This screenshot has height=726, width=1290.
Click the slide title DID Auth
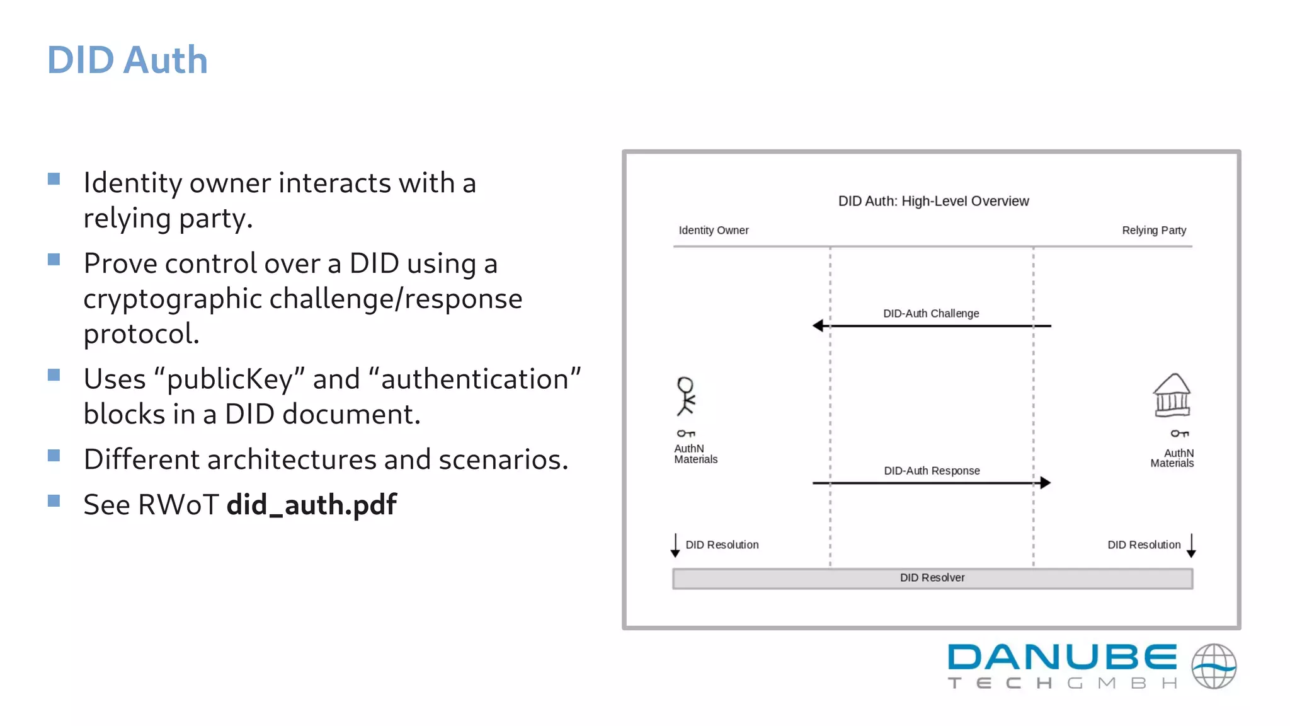(x=127, y=60)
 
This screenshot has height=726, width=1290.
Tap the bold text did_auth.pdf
(x=311, y=505)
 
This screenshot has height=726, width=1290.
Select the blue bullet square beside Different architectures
(x=54, y=456)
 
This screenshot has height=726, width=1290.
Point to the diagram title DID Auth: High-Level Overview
(x=933, y=201)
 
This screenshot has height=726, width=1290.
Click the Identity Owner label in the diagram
(x=713, y=231)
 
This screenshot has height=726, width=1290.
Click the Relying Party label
(x=1153, y=231)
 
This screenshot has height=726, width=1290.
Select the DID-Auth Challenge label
(x=931, y=314)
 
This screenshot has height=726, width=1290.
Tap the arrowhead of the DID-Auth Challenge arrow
(x=818, y=326)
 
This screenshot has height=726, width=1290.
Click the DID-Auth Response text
(x=932, y=471)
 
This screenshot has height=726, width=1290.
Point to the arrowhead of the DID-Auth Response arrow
(x=1045, y=483)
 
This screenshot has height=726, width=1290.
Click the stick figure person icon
(x=685, y=396)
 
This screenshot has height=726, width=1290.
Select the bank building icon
(x=1172, y=395)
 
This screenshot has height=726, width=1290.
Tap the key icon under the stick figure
(x=685, y=434)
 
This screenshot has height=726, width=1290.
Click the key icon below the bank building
(x=1179, y=434)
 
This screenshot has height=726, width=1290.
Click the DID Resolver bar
(x=932, y=579)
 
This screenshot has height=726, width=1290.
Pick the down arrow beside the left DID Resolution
(x=675, y=546)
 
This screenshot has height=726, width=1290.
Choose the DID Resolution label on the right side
(x=1144, y=545)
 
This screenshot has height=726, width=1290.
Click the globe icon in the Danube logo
(x=1213, y=666)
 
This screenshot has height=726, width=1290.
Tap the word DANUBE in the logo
(x=1062, y=657)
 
